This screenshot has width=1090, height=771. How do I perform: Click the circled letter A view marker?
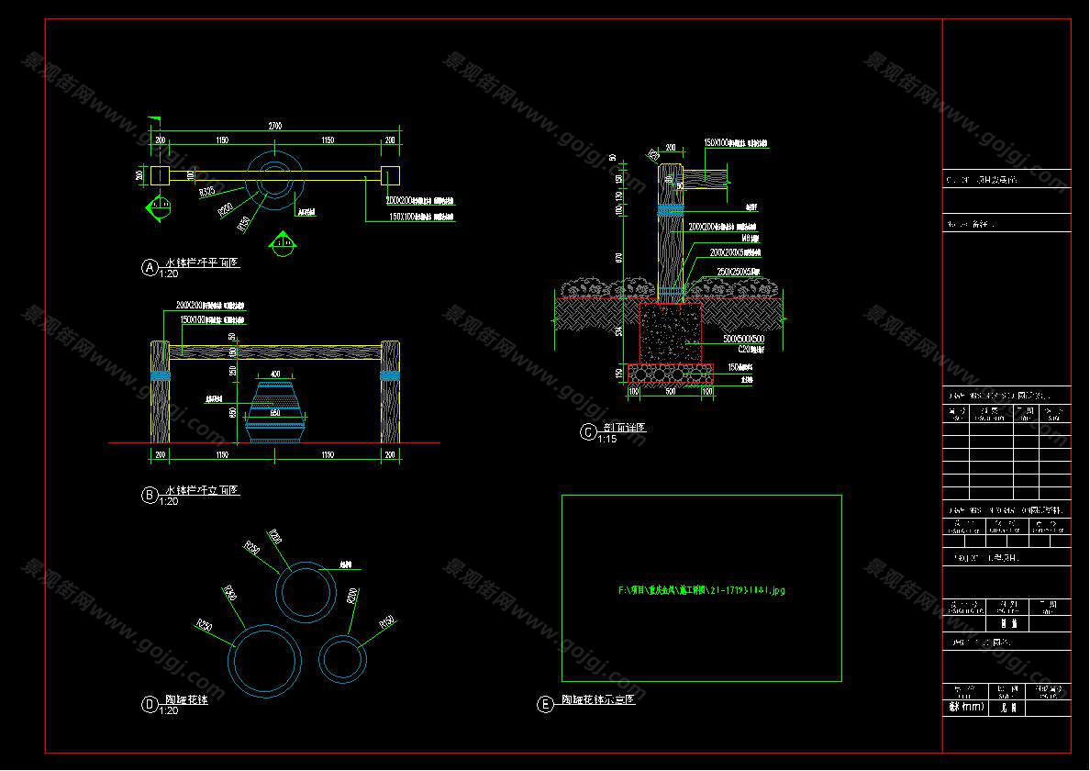click(x=150, y=267)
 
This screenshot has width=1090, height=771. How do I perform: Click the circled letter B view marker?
click(x=150, y=495)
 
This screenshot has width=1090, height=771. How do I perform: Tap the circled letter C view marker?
click(x=588, y=432)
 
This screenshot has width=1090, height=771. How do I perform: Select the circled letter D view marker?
click(x=150, y=705)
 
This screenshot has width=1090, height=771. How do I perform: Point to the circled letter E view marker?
click(x=545, y=704)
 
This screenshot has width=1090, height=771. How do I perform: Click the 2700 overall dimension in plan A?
click(x=274, y=126)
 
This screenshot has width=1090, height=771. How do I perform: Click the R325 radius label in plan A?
click(x=207, y=191)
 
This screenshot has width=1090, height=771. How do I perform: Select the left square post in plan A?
click(x=160, y=175)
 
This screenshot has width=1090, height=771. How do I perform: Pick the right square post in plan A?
click(x=389, y=175)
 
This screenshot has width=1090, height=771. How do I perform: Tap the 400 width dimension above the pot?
click(x=274, y=374)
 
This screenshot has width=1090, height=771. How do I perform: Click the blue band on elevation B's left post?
click(x=161, y=374)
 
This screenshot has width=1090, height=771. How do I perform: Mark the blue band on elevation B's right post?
click(x=390, y=374)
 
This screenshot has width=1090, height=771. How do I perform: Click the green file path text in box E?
click(x=702, y=590)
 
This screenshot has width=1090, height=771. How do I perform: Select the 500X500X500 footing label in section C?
click(x=744, y=339)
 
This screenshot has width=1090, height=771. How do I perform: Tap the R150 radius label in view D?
click(x=386, y=624)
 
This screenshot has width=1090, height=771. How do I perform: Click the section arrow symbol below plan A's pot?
click(x=282, y=243)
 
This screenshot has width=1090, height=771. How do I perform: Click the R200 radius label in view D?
click(x=352, y=597)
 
